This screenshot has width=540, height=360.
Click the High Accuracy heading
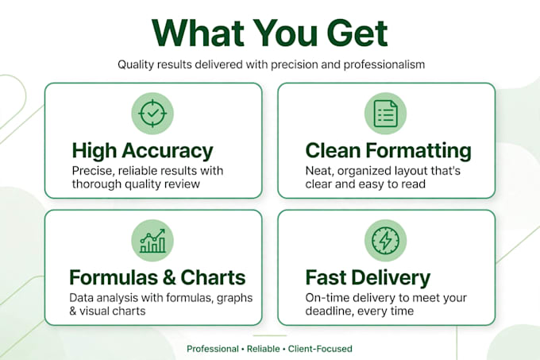[x=143, y=151]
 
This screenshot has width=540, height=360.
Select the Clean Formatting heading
[x=388, y=151]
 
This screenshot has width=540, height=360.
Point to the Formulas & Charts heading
[x=157, y=277]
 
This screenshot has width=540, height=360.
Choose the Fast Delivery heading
[x=368, y=278]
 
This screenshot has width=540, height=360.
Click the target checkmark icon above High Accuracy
[x=152, y=114]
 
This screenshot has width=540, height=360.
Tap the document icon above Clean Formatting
[x=385, y=114]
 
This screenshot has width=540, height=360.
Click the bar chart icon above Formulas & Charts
[x=152, y=241]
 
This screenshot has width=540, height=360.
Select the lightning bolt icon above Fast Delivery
[x=386, y=241]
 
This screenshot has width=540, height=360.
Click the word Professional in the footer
[x=213, y=349]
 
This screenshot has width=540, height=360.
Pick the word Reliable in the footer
[x=263, y=349]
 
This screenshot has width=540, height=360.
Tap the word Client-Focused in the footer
[x=320, y=349]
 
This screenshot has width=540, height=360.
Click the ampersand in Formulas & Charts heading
[x=168, y=277]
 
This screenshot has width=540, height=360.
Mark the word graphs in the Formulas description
[x=234, y=298]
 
